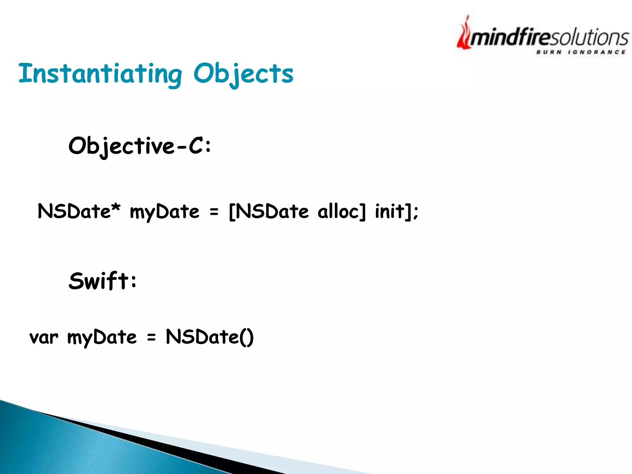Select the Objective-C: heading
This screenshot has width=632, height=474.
[140, 146]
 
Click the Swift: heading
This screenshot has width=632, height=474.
[103, 281]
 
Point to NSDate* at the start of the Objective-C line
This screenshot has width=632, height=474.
[79, 211]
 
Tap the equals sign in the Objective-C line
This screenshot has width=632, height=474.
[214, 212]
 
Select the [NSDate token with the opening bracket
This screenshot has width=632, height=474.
[268, 211]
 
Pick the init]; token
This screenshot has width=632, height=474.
[397, 211]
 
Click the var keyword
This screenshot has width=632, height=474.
[44, 337]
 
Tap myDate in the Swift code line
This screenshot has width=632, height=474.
[102, 337]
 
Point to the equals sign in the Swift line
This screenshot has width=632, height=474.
[151, 337]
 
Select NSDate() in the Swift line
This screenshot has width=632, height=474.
[210, 337]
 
